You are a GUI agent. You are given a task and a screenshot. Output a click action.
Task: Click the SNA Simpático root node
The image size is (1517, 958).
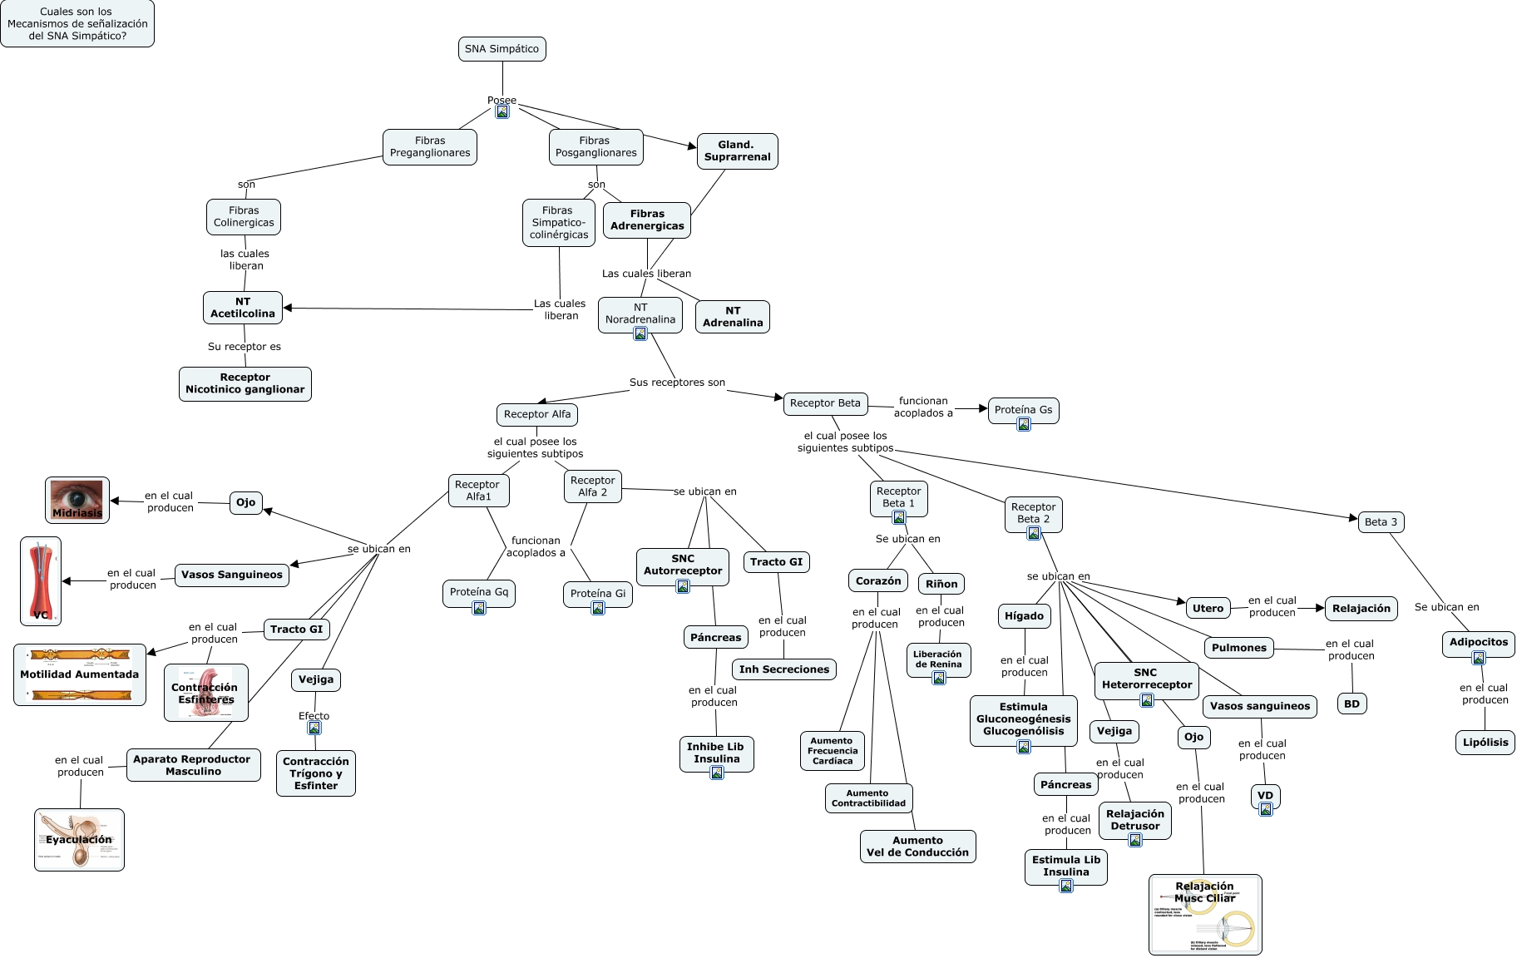click(x=502, y=49)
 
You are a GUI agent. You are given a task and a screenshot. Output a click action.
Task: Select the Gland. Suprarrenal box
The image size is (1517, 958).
click(x=737, y=151)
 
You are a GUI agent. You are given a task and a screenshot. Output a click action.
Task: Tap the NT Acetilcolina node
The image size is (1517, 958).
click(x=243, y=308)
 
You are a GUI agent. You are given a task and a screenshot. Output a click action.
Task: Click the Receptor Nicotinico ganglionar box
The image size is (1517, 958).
click(x=245, y=383)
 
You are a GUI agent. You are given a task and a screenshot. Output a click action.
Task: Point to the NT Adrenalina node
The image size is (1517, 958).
click(x=732, y=317)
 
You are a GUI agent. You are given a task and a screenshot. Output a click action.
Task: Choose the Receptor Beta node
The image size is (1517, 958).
click(x=825, y=403)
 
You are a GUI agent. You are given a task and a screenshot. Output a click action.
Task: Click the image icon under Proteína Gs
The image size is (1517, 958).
click(x=1024, y=424)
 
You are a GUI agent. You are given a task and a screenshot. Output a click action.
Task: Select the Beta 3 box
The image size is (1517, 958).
click(x=1381, y=522)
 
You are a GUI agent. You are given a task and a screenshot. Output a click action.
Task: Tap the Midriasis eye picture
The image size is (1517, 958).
click(x=77, y=500)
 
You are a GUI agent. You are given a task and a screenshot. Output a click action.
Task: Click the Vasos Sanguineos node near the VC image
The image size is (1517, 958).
click(x=232, y=575)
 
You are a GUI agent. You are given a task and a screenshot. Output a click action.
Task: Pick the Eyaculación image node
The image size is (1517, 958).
click(x=79, y=840)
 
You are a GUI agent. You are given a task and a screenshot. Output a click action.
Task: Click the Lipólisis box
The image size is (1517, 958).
click(x=1485, y=743)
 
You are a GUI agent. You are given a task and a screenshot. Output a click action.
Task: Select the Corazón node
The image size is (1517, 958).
click(x=878, y=581)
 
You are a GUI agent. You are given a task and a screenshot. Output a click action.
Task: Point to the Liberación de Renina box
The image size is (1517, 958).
click(x=938, y=659)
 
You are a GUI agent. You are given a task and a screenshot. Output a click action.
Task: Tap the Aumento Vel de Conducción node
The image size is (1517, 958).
click(x=917, y=847)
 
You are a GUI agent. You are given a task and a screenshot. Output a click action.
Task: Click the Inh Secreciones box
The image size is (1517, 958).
click(x=783, y=669)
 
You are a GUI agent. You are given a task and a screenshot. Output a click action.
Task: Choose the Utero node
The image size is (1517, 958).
click(x=1208, y=609)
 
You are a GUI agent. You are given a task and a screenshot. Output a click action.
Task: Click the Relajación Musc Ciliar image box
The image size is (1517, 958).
click(x=1205, y=914)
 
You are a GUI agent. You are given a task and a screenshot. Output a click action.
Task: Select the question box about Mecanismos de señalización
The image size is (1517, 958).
click(x=77, y=24)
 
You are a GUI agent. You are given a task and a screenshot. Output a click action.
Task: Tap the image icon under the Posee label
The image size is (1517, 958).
click(x=502, y=112)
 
